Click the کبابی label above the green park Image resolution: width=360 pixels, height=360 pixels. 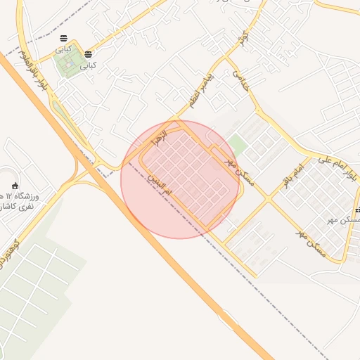click(x=64, y=49)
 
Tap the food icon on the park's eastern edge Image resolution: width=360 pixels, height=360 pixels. click(x=88, y=54)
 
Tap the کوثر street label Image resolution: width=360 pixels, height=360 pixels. click(x=243, y=39)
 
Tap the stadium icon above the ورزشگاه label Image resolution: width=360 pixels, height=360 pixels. click(x=15, y=186)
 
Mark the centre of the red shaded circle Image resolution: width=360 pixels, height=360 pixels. click(x=179, y=179)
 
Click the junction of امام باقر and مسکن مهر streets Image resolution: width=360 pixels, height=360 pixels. click(x=268, y=200)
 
